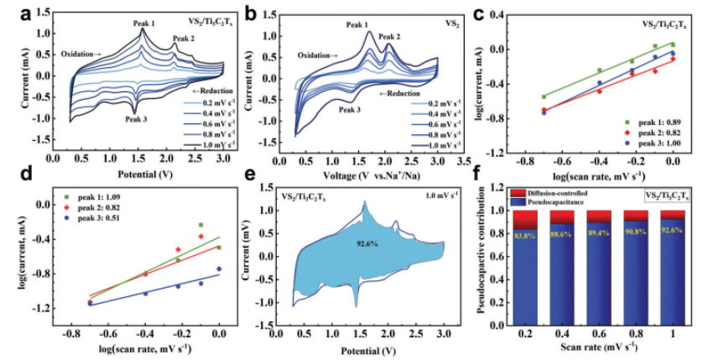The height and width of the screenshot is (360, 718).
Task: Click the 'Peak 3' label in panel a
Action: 137,118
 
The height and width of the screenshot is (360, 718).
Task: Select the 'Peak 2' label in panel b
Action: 389,37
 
